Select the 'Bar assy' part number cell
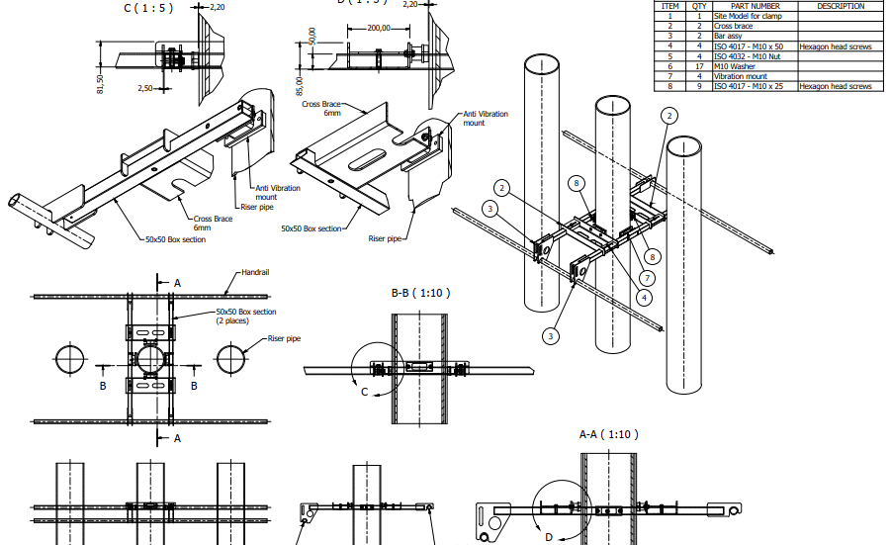728,36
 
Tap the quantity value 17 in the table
699,66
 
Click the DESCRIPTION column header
840,6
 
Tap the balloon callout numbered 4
645,296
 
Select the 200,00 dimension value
377,29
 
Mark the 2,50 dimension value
144,89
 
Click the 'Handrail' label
255,272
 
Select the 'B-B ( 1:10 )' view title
419,294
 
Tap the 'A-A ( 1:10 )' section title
609,434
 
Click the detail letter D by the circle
549,536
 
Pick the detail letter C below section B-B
365,393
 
